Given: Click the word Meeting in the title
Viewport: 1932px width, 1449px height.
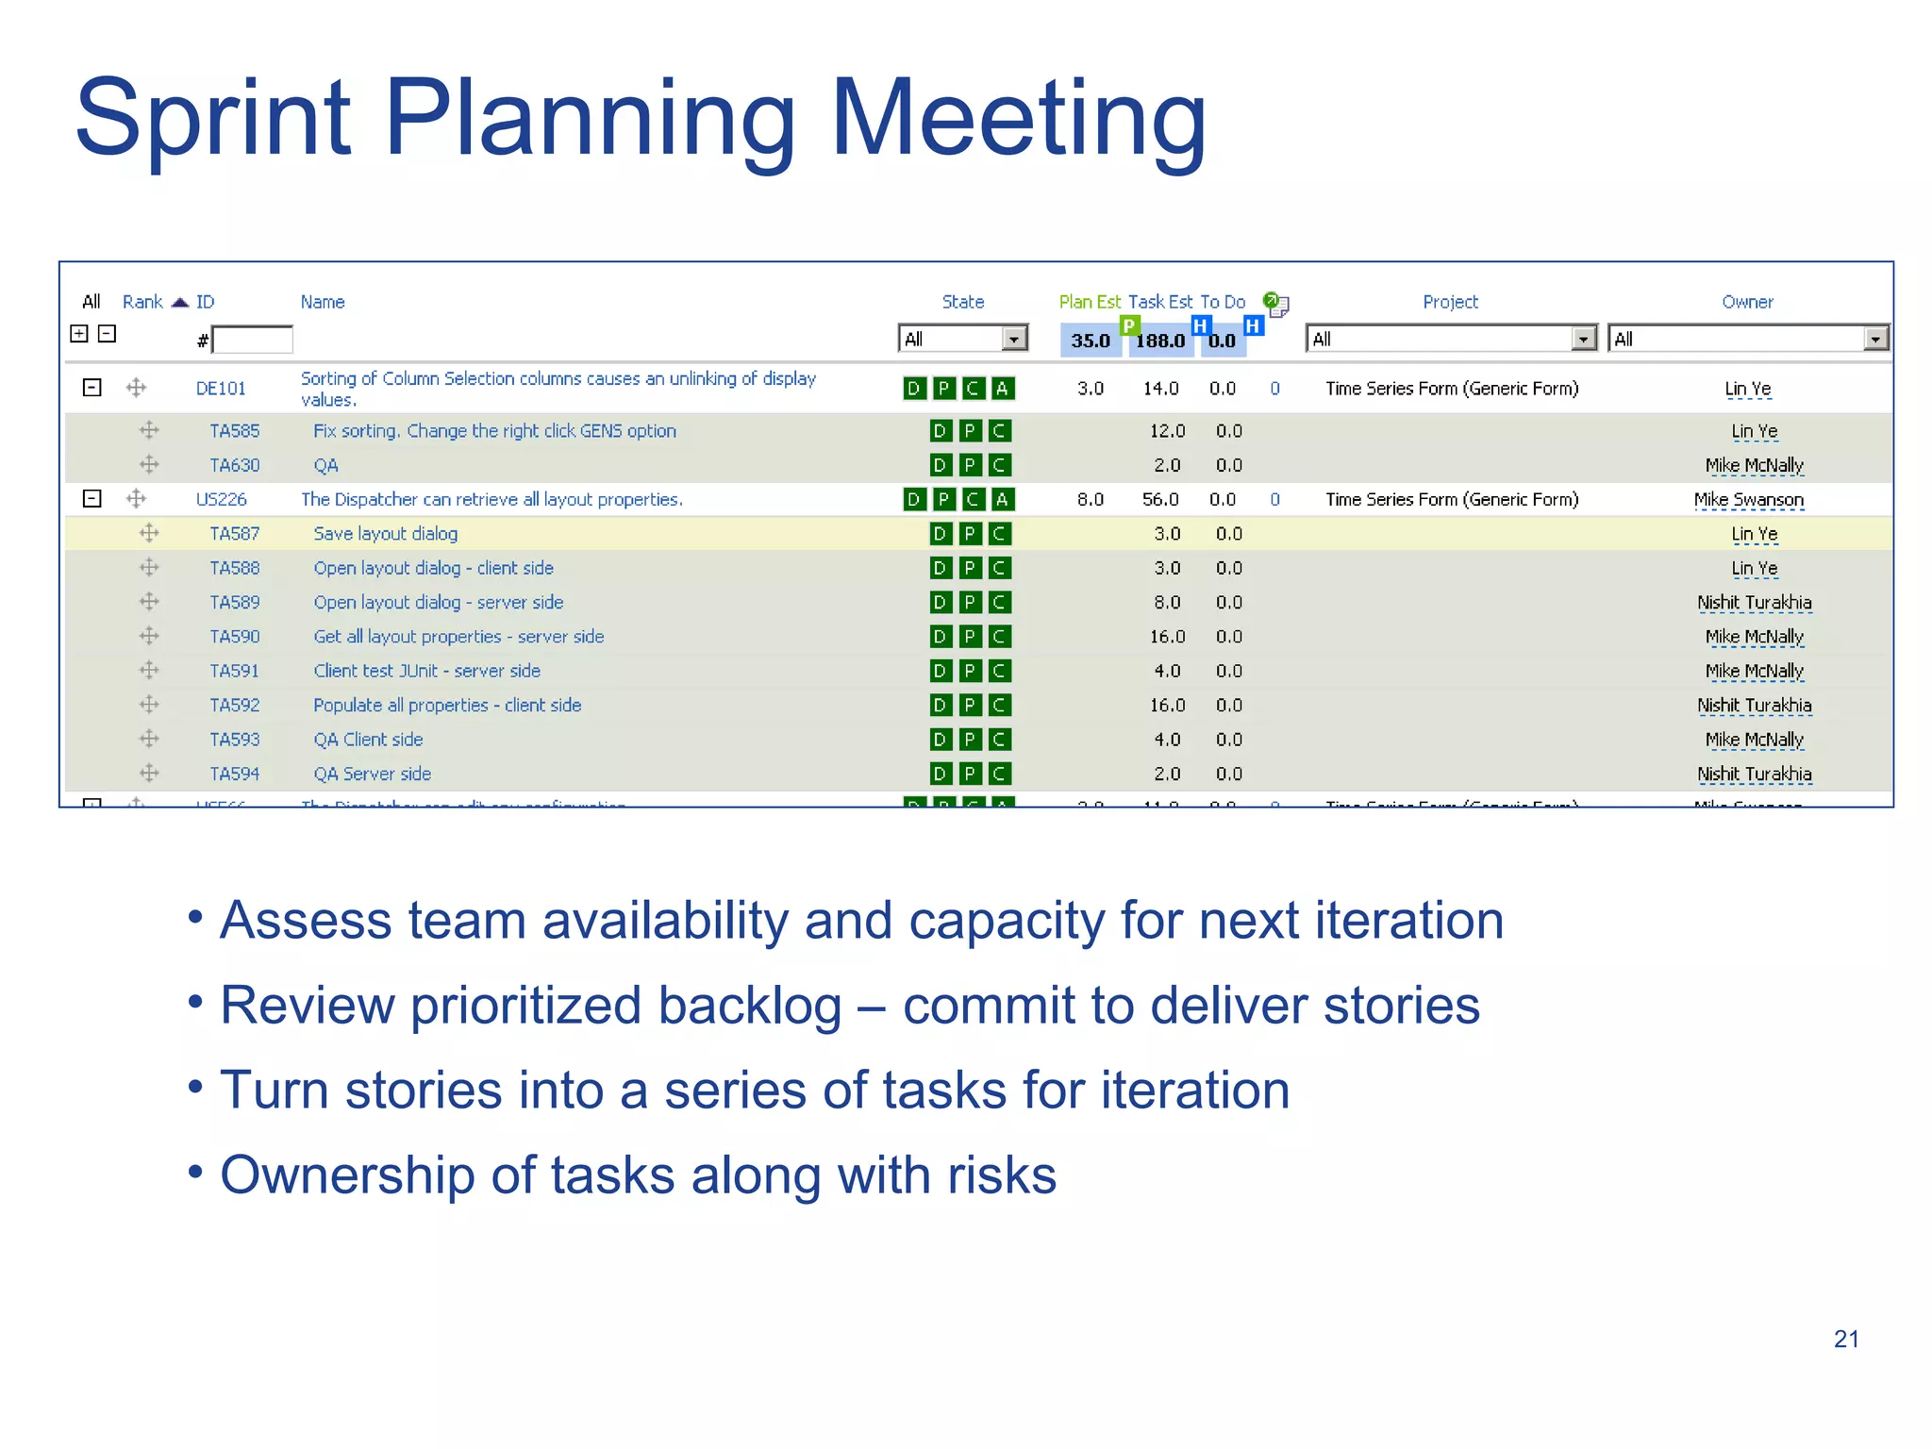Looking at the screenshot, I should click(x=1018, y=118).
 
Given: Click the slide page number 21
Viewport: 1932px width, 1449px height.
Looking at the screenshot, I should click(x=1846, y=1339).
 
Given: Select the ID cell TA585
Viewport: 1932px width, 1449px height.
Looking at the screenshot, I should click(x=234, y=431).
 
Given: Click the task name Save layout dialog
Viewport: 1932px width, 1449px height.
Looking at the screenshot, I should click(x=385, y=534).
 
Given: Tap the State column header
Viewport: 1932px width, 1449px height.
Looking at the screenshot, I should click(x=962, y=302).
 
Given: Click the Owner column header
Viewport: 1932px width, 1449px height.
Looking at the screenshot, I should click(x=1747, y=302).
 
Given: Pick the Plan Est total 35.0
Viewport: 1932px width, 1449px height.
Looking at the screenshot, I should click(x=1090, y=341).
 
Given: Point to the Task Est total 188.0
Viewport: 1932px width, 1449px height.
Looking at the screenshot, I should click(x=1159, y=341).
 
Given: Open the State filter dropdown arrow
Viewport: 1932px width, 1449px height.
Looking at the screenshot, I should click(x=1014, y=339).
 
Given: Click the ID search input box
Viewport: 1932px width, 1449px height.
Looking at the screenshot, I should click(x=253, y=340).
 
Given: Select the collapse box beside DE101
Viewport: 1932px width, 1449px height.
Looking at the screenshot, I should click(x=92, y=388).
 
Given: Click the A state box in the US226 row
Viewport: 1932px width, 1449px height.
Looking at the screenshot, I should click(x=1002, y=499).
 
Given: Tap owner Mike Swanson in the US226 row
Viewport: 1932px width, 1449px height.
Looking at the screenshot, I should click(x=1748, y=499).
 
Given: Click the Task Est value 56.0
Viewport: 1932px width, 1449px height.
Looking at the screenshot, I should click(x=1159, y=499).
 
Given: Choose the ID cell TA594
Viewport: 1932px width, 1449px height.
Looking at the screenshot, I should click(x=234, y=774).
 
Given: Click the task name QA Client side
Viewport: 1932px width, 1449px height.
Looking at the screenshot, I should click(x=368, y=740).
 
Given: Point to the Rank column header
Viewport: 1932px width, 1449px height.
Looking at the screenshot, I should click(x=142, y=302).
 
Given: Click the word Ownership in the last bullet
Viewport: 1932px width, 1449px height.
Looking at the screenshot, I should click(x=346, y=1175).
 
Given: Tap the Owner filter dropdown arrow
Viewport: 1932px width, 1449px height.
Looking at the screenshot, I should click(x=1875, y=339).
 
